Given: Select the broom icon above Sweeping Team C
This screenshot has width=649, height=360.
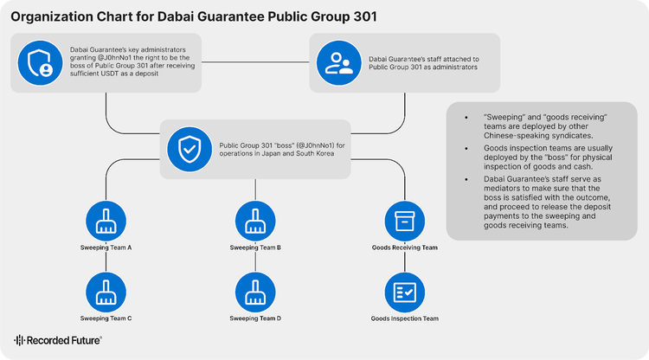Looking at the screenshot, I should click(106, 292).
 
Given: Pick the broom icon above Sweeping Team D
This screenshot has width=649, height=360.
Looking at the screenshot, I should click(255, 292).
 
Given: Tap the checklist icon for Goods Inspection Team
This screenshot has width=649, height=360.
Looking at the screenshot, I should click(404, 292).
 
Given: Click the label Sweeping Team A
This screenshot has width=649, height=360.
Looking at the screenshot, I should click(106, 247).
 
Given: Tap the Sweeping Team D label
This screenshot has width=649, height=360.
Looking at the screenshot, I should click(255, 318).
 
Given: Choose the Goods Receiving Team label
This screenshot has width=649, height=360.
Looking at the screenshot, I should click(404, 247).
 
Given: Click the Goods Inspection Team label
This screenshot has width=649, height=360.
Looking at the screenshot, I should click(404, 318).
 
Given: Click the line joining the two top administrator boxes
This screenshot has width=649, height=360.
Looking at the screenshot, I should click(256, 62).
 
